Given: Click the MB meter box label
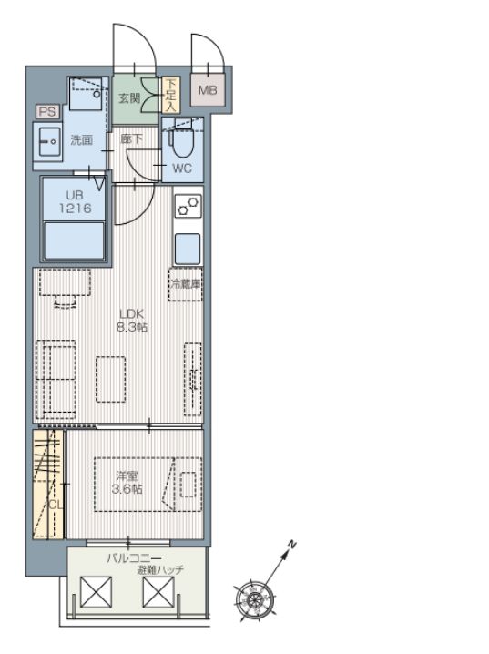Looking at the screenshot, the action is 208,90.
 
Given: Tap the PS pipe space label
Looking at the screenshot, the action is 47,112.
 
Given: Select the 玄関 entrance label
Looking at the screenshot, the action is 129,98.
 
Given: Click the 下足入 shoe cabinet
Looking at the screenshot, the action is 170,95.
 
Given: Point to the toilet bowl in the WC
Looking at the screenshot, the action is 180,141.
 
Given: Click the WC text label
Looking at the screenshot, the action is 182,169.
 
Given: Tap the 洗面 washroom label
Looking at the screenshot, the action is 82,139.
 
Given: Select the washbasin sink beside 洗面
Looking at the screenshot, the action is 48,142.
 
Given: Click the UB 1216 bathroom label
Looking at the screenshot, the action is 75,201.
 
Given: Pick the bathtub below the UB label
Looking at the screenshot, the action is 74,240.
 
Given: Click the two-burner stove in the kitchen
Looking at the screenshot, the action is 188,206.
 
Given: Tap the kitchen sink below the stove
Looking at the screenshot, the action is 188,249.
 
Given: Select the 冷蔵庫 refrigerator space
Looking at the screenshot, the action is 186,284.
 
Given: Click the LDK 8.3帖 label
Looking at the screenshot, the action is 132,321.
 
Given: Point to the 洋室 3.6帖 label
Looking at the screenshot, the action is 127,483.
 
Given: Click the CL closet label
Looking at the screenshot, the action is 56,505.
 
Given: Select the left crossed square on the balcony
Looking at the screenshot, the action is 96,592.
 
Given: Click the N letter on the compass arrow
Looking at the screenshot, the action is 292,545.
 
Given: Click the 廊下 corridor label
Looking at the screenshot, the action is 131,138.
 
